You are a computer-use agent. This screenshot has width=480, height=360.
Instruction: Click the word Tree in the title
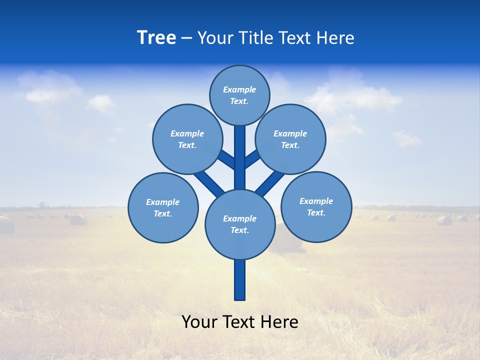156,38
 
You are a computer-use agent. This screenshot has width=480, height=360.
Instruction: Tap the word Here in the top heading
335,38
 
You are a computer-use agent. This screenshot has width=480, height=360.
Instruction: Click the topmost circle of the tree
239,95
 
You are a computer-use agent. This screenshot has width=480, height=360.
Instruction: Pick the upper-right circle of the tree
290,139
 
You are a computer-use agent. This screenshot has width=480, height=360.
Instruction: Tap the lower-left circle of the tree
163,207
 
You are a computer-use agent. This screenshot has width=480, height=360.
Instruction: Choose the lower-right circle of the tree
316,206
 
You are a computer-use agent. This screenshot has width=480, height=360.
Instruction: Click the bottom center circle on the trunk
240,224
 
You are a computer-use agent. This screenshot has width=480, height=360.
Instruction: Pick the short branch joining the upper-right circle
252,159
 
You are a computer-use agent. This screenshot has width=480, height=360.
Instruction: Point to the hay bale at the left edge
6,225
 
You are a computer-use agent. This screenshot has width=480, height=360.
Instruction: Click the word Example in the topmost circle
239,89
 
